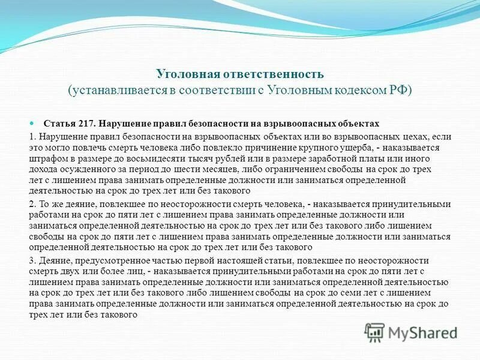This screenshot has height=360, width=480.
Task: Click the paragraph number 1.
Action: pyautogui.click(x=32, y=137)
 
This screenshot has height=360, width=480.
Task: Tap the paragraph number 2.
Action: pyautogui.click(x=32, y=205)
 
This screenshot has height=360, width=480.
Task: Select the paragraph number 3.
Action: pyautogui.click(x=32, y=260)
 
